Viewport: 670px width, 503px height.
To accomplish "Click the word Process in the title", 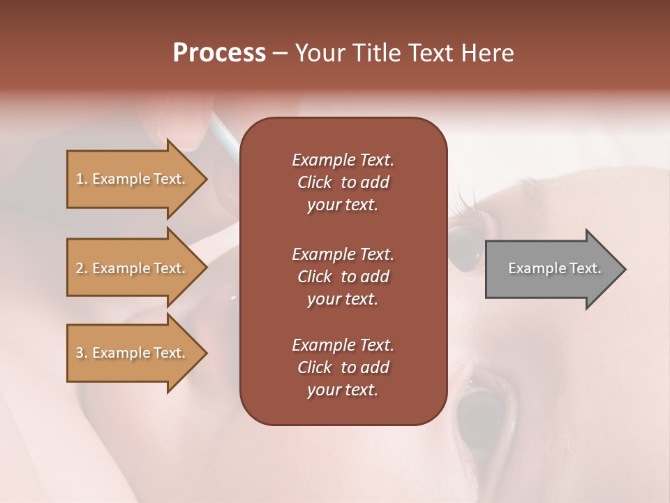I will pos(219,53).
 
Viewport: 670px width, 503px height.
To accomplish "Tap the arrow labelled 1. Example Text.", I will pos(133,179).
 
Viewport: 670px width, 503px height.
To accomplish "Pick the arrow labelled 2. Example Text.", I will pos(133,268).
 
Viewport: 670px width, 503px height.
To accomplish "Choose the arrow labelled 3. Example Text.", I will pos(133,353).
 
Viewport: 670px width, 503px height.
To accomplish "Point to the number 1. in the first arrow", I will pos(82,179).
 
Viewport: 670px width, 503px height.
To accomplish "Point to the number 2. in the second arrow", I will pos(82,268).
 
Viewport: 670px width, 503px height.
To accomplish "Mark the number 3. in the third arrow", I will pos(82,353).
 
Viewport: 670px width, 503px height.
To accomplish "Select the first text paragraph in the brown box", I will pos(343,182).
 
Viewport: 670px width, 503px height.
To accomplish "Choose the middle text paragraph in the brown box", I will pos(343,277).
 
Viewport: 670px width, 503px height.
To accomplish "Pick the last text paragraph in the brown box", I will pos(343,367).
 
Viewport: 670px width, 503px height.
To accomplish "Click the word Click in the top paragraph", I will pos(314,182).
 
